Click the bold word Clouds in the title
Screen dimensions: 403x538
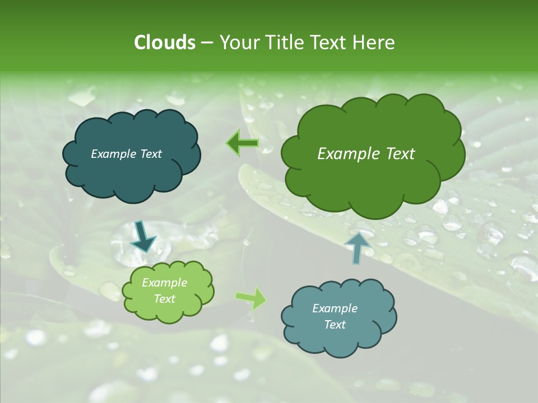(x=164, y=43)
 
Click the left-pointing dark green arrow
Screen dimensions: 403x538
(x=242, y=143)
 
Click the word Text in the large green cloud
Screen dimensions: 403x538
(x=398, y=154)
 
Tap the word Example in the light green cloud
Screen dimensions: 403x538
(x=164, y=283)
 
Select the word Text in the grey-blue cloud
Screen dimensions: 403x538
(x=335, y=325)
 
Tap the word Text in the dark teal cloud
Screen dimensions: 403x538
(x=150, y=154)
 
